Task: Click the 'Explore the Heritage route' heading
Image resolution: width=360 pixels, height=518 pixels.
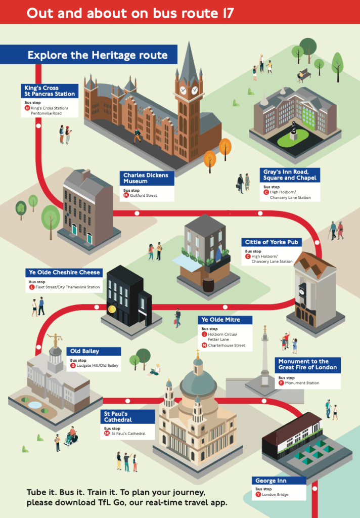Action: tap(97, 55)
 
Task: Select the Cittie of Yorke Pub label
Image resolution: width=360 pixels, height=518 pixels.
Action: tap(271, 242)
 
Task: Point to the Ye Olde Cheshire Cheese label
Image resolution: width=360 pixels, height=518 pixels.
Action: tap(64, 273)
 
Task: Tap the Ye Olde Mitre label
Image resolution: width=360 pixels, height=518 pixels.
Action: tap(226, 320)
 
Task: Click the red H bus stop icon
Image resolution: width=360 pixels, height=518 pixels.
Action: tap(27, 108)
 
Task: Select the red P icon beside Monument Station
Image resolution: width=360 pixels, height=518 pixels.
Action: tap(281, 383)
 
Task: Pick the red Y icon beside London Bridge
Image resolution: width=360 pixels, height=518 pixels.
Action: tap(258, 495)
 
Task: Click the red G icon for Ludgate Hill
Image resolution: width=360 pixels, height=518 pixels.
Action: tap(73, 366)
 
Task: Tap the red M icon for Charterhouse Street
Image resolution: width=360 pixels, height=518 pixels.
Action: tap(204, 346)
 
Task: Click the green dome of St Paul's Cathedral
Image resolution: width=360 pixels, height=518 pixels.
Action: tap(198, 378)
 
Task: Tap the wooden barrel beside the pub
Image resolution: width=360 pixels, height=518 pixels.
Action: tap(208, 285)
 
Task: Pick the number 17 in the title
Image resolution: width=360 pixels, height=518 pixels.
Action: tap(228, 13)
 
